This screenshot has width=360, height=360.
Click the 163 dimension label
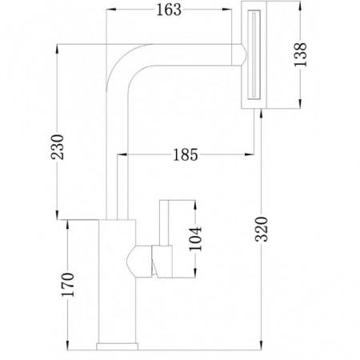[169, 10]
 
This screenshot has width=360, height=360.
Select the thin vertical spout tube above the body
[118, 184]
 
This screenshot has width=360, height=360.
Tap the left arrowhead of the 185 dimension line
[122, 154]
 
